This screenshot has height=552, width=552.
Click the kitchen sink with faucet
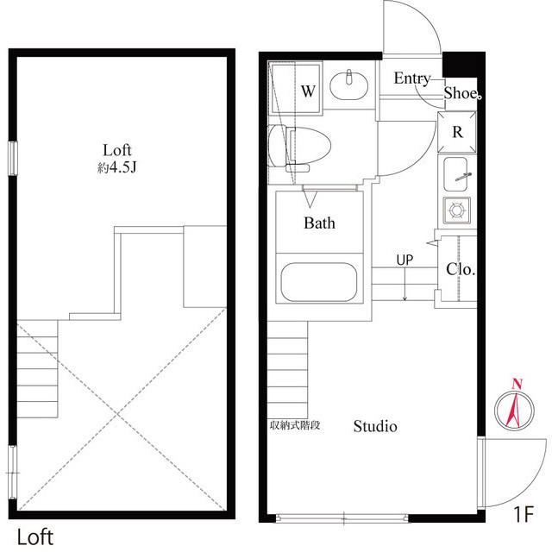[x=455, y=176]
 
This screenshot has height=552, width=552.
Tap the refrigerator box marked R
[x=458, y=133]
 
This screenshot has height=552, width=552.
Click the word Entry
[x=411, y=78]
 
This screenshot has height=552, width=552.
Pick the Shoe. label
[x=461, y=93]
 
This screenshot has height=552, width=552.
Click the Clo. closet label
[x=461, y=268]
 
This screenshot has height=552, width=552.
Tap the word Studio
[x=375, y=426]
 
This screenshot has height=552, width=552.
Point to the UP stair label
[x=405, y=259]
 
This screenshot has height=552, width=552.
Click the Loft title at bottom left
[x=34, y=536]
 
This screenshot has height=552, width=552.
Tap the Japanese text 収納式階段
[x=295, y=425]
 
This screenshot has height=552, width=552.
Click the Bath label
[x=319, y=223]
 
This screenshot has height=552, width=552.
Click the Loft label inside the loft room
[x=119, y=148]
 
